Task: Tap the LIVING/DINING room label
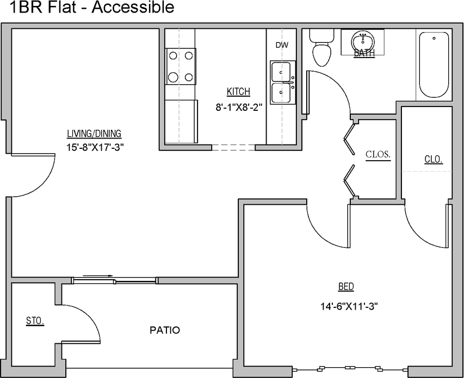(94, 134)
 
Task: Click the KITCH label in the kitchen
(238, 92)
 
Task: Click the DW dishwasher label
(281, 46)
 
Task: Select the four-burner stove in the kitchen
(180, 66)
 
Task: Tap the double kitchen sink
(282, 82)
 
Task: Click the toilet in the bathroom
(321, 48)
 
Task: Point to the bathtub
(434, 65)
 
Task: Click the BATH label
(364, 54)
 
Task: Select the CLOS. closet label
(378, 154)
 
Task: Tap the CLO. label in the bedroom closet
(433, 160)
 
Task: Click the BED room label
(346, 287)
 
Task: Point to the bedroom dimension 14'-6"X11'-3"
(349, 306)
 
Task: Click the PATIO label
(164, 330)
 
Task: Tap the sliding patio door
(115, 280)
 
